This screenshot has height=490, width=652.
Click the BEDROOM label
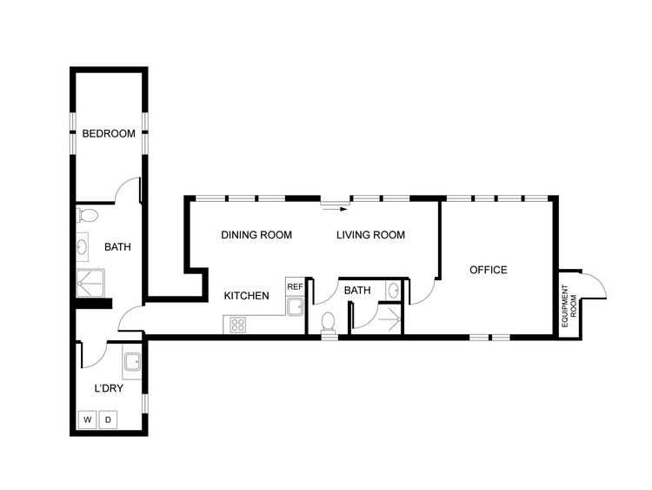109,134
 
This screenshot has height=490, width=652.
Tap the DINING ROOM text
256,235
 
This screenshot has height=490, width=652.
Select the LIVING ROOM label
371,235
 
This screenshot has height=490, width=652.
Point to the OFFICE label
488,270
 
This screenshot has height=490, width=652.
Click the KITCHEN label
246,296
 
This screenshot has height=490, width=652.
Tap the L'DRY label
109,388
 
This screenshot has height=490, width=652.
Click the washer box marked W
87,420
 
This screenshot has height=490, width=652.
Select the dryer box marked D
109,420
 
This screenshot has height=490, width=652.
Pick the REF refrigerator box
294,286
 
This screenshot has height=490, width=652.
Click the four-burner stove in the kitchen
237,325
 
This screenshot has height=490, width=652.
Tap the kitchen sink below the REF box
294,305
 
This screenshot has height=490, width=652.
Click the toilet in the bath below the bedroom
89,214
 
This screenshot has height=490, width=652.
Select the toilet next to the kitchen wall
328,322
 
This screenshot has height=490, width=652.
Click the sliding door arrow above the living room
335,208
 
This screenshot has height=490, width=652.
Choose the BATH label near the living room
357,291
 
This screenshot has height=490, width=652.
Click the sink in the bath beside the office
394,290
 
